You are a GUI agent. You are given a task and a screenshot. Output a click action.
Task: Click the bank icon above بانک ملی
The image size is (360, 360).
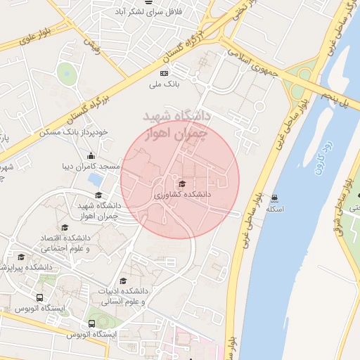click(x=165, y=73)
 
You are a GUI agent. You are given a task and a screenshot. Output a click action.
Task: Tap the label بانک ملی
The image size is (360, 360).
click(x=165, y=85)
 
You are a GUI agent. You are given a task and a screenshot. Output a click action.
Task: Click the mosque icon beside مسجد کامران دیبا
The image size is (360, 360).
click(x=90, y=156)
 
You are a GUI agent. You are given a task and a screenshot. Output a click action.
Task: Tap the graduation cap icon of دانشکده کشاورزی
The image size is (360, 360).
click(x=182, y=184)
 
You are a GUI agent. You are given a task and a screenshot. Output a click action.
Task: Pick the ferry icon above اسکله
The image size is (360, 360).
click(x=274, y=198)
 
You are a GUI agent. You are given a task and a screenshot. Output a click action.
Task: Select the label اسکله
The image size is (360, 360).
click(x=274, y=209)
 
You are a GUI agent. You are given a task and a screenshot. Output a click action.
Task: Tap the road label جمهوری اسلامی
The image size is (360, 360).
click(x=250, y=63)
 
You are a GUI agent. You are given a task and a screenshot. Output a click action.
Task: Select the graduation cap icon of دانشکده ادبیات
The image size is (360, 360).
click(x=124, y=281)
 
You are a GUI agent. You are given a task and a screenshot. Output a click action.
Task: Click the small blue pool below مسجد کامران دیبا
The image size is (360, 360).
click(x=95, y=179)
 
